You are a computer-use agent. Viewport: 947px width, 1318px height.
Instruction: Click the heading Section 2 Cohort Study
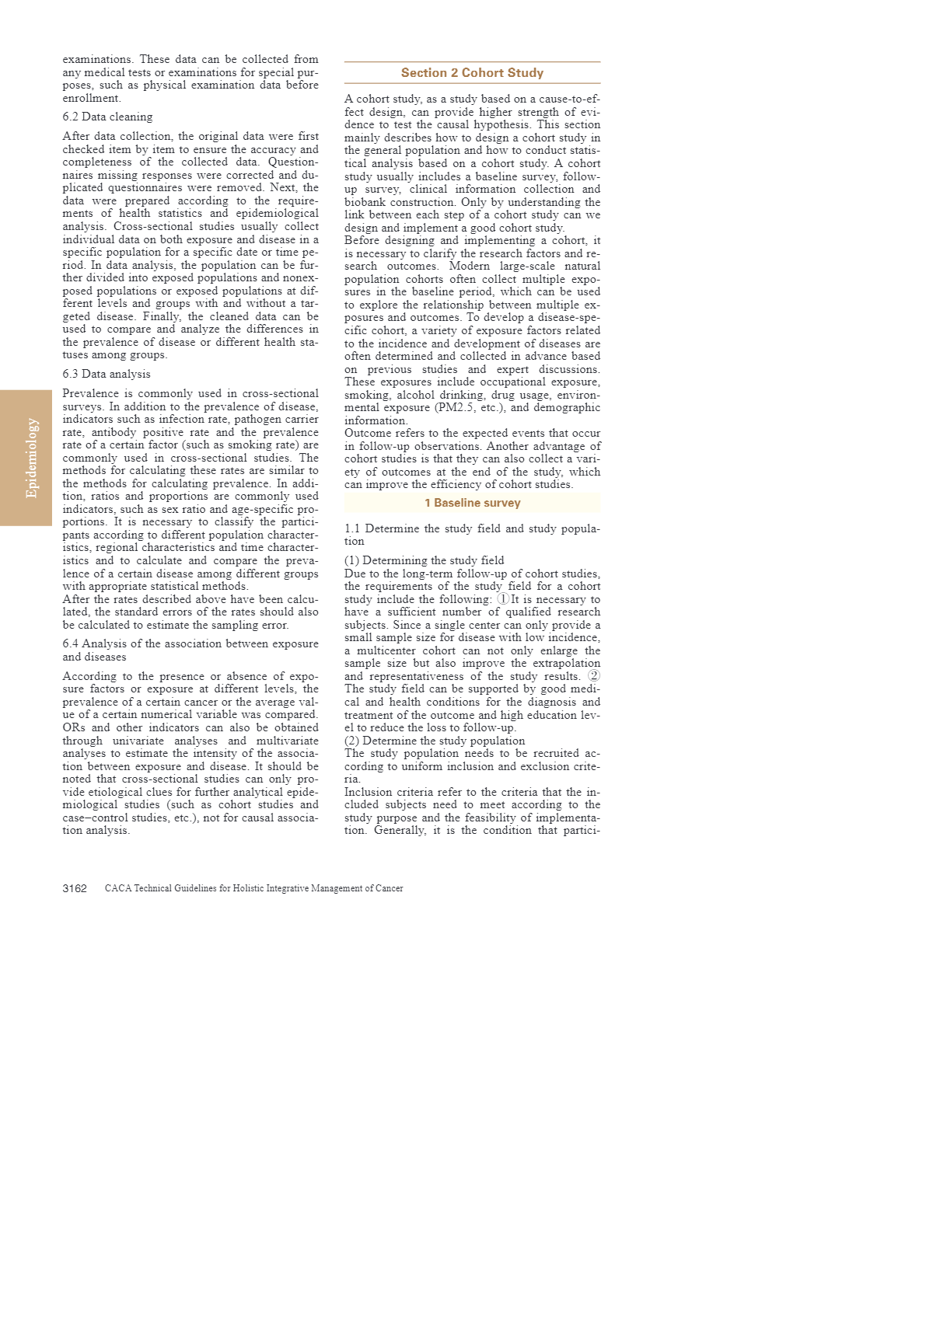coord(472,73)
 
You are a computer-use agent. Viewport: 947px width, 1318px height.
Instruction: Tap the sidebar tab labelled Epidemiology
coord(31,458)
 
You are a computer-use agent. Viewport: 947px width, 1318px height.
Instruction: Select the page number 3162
coord(75,888)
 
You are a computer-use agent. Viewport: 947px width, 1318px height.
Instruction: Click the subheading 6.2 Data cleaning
coord(107,117)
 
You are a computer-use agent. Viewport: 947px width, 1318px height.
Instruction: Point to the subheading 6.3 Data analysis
coord(107,375)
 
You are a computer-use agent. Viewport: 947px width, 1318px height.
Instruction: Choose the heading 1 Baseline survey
coord(472,503)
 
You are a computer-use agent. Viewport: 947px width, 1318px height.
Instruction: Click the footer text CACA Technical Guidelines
coord(253,888)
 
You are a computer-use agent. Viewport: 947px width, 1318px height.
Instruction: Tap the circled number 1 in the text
coord(504,599)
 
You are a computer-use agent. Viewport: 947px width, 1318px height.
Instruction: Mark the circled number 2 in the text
coord(594,676)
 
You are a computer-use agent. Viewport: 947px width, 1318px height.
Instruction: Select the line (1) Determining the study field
coord(424,560)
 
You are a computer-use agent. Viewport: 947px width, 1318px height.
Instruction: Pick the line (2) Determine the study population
coord(435,741)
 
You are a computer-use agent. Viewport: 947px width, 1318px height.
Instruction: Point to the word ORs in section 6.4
coord(74,728)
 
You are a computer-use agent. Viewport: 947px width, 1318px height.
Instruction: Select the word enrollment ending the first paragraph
coord(90,99)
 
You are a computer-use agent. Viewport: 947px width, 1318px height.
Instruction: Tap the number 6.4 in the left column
coord(71,644)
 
